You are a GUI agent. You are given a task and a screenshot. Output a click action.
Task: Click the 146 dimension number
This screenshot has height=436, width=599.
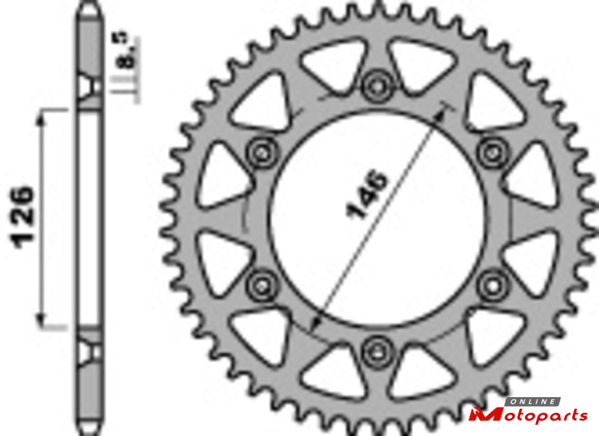[367, 194]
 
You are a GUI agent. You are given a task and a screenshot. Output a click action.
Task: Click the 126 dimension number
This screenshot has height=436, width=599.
[23, 217]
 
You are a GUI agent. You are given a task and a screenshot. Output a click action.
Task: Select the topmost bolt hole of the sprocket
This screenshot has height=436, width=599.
[377, 86]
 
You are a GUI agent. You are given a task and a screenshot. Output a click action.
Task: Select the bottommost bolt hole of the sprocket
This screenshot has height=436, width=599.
[377, 351]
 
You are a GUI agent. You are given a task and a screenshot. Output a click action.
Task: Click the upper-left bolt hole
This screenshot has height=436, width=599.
[262, 153]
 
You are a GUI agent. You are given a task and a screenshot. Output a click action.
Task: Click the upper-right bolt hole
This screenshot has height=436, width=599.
[493, 153]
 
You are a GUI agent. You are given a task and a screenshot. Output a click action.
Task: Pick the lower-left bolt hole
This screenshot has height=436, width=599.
[262, 285]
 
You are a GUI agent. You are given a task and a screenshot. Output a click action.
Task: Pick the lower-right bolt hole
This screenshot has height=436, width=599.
[493, 285]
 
